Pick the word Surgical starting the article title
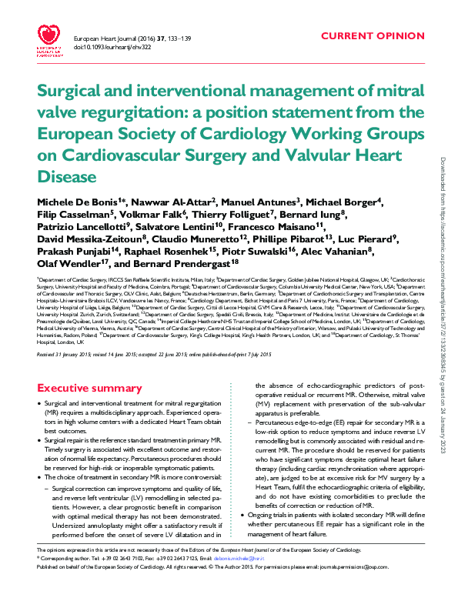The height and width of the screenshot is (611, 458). [x=70, y=94]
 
